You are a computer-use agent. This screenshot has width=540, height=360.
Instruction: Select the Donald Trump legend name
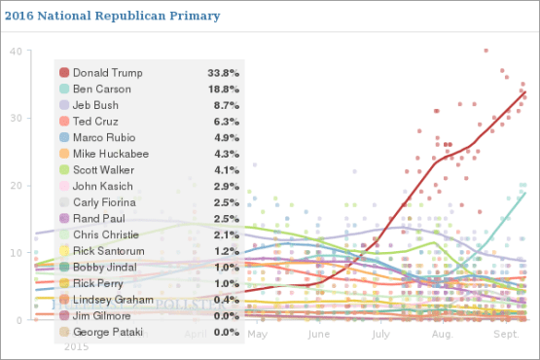[x=107, y=72]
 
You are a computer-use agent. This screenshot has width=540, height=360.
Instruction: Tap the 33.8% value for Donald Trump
[x=224, y=72]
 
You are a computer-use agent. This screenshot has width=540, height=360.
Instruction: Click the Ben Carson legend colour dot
[x=64, y=89]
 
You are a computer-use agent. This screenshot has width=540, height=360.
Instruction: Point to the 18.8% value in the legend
[x=224, y=89]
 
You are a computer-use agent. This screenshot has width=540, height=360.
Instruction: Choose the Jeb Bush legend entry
[x=97, y=104]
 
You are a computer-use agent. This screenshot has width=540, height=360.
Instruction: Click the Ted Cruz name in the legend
[x=96, y=121]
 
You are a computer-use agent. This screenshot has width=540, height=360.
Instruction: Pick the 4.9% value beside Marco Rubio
[x=227, y=137]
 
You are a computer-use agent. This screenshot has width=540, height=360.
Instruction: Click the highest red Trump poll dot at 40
[x=486, y=51]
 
